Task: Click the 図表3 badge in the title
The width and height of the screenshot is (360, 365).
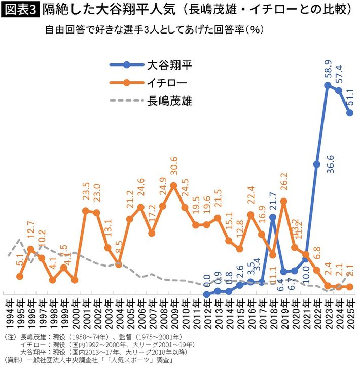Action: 20,9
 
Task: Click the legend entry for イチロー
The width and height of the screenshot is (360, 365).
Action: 167,82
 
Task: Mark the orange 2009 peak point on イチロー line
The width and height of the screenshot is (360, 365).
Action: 173,185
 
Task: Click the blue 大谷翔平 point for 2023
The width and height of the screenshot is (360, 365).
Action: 328,85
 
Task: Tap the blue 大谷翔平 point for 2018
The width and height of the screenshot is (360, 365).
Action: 273,217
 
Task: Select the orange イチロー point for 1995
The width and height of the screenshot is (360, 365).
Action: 20,276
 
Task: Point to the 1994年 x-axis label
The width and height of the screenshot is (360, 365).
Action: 9,315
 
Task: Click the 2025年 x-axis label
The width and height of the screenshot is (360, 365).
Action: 350,315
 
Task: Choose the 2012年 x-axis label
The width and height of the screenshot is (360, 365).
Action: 207,315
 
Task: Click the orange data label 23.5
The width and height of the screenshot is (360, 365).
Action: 86,194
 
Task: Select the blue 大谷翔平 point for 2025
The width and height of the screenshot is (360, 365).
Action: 350,113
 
